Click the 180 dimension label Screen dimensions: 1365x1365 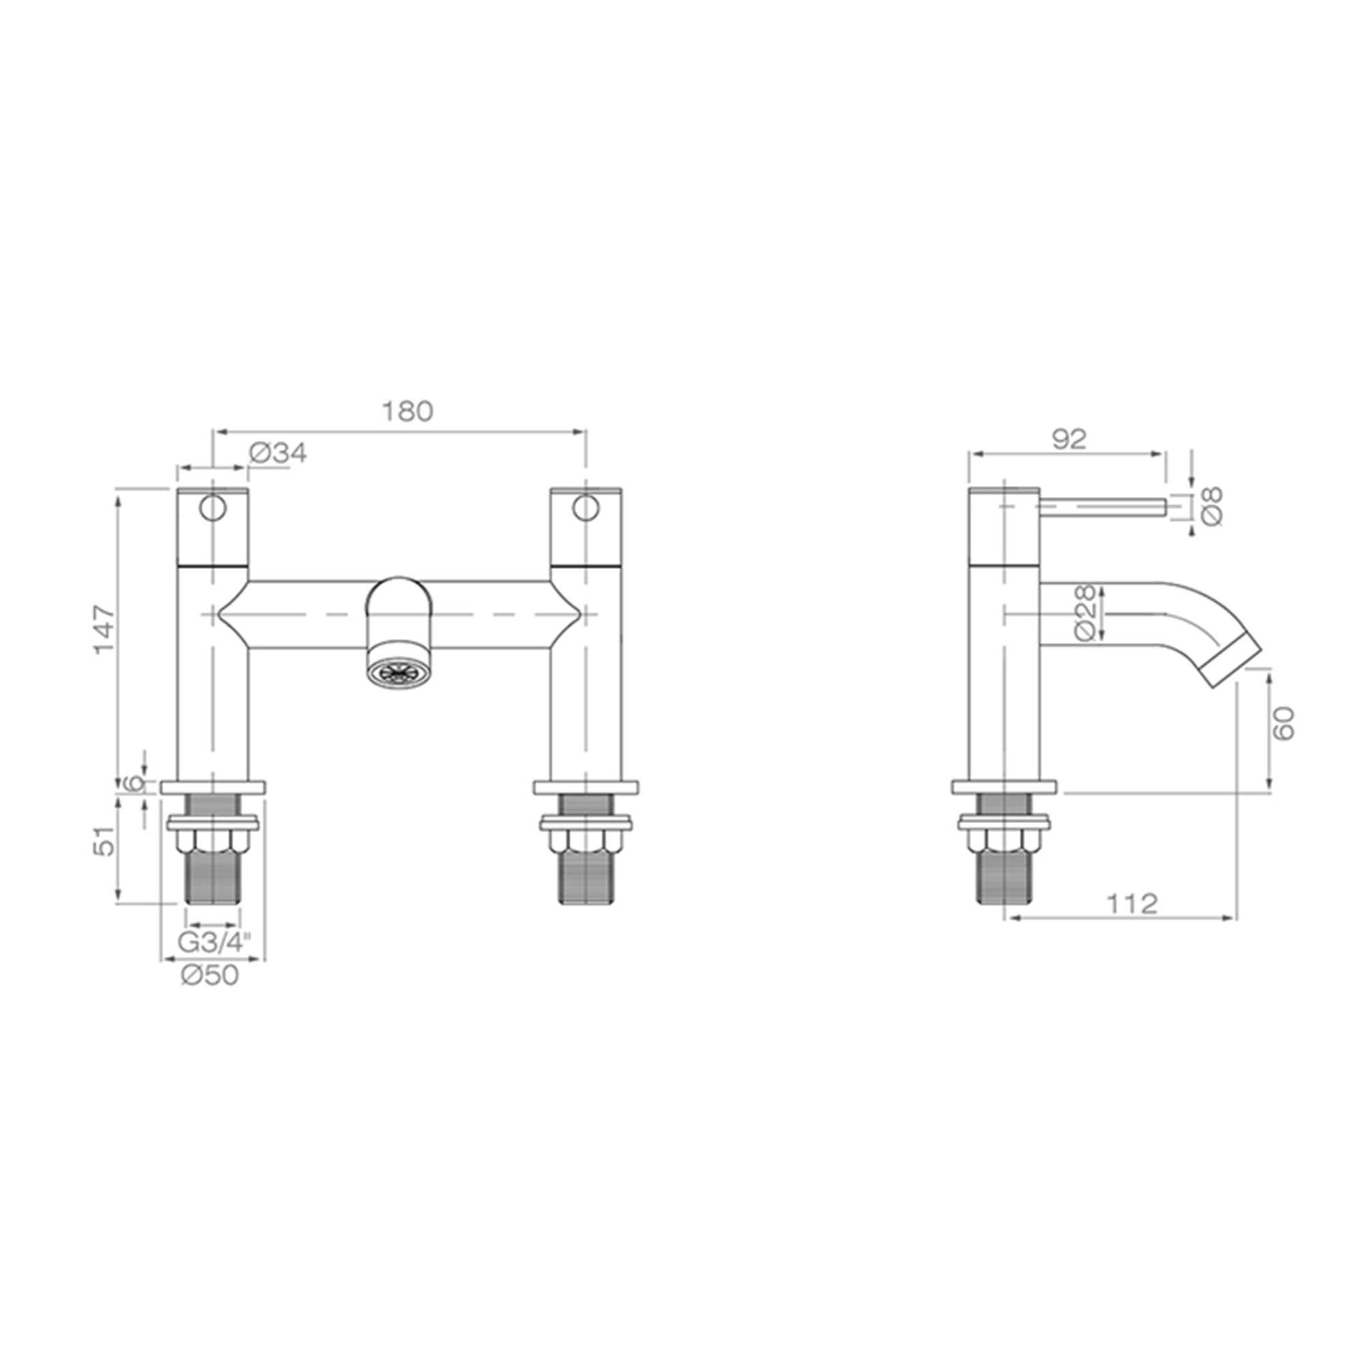[407, 411]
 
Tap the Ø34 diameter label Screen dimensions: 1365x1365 [278, 454]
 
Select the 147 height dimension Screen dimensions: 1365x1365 [104, 629]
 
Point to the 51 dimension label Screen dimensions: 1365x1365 [104, 842]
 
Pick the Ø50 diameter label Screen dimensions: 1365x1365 [210, 976]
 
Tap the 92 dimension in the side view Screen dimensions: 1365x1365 [1068, 440]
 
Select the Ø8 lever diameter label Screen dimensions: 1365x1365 [1211, 506]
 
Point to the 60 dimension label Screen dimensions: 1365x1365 [1284, 723]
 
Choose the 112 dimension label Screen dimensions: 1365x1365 [1131, 904]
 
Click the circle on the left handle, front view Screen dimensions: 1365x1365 [212, 508]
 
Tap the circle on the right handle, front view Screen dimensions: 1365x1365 [585, 508]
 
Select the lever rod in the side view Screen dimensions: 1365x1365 [1102, 506]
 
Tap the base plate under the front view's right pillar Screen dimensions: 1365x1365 [586, 788]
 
